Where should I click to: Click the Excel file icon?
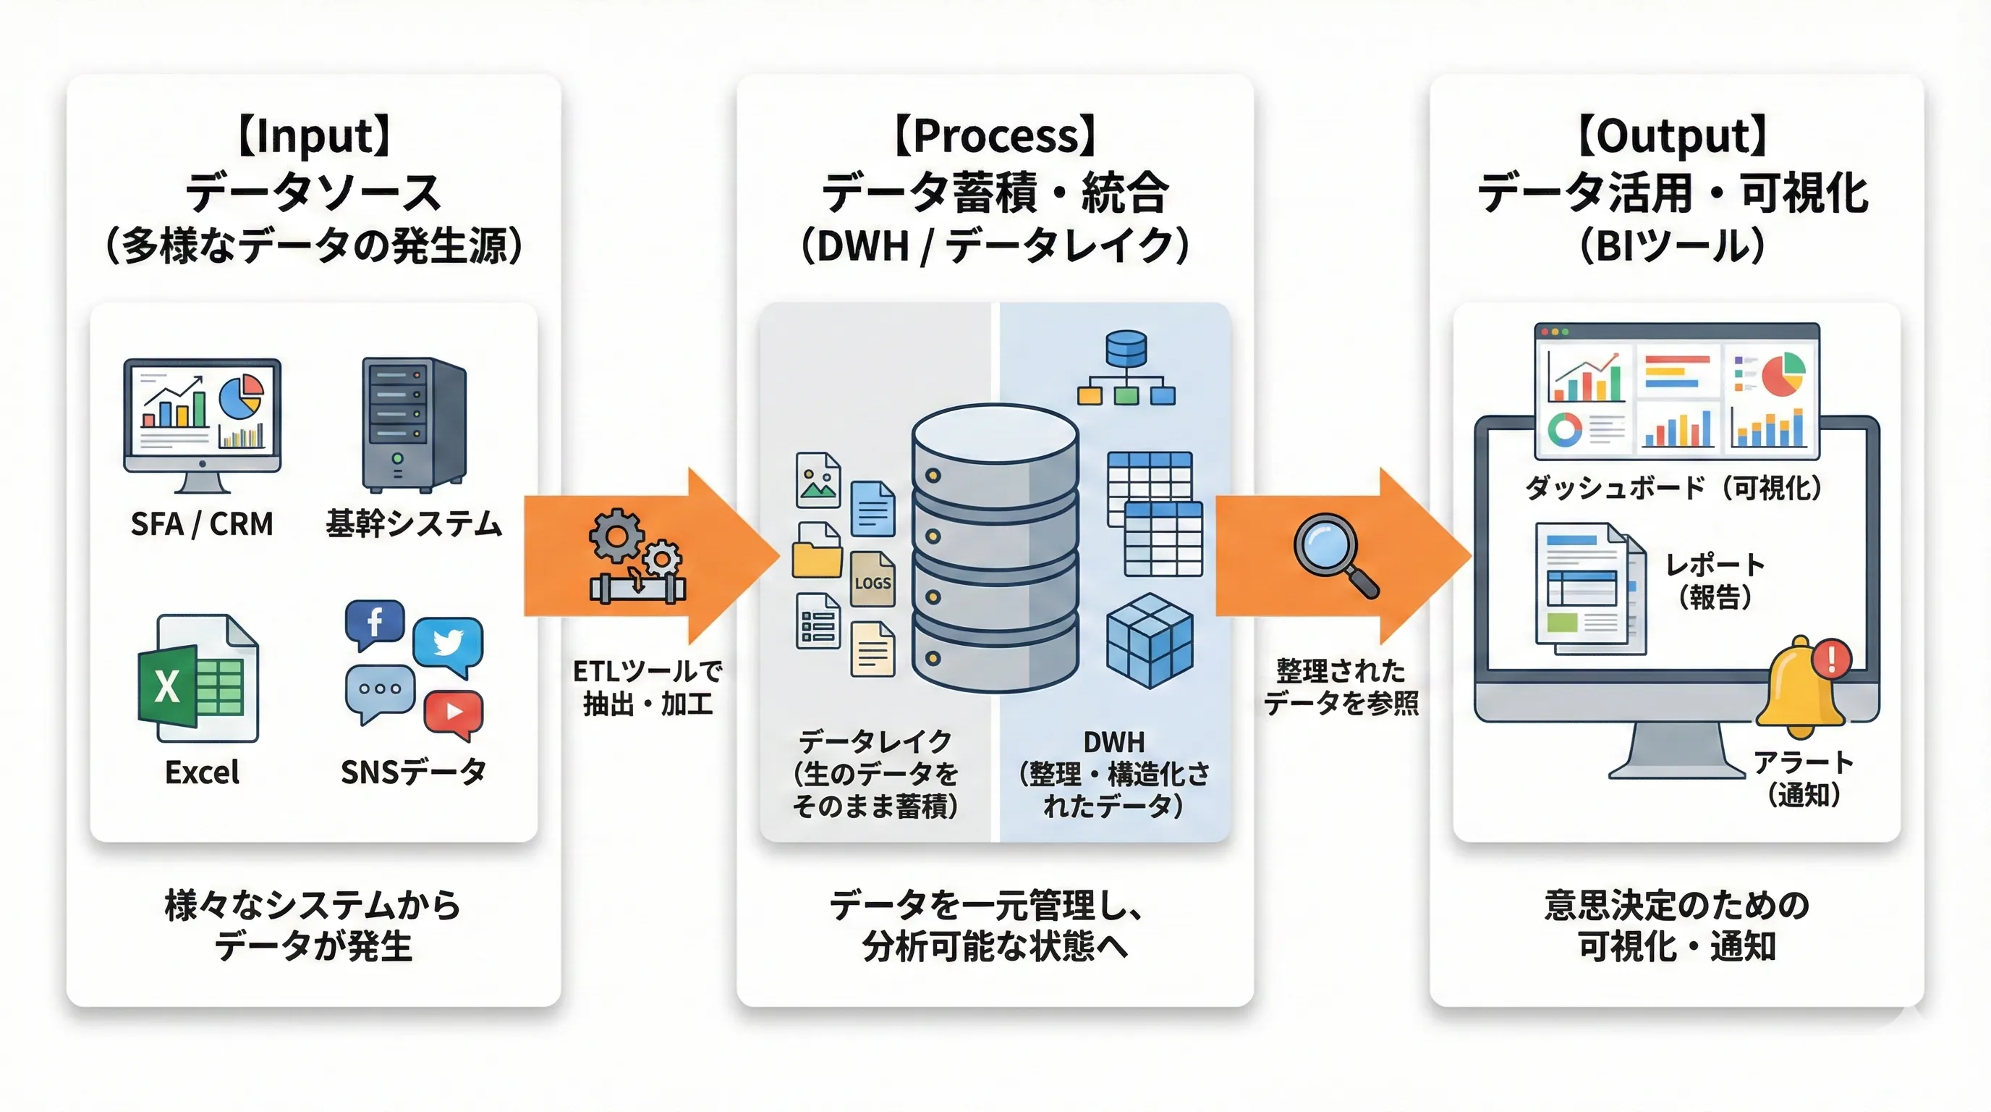pos(198,678)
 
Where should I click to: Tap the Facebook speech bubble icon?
pos(375,623)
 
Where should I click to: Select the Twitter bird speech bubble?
pos(449,644)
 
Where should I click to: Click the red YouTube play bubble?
pos(454,712)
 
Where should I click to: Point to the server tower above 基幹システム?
pos(415,424)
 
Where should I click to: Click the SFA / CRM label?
pos(202,524)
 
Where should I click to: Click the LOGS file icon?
pos(873,579)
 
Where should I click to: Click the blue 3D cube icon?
pos(1150,640)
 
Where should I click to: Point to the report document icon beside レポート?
pos(1589,588)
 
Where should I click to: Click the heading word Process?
pos(995,136)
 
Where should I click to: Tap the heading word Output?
pos(1672,136)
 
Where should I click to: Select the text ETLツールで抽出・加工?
pos(648,688)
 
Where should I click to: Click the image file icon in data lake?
pos(818,479)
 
